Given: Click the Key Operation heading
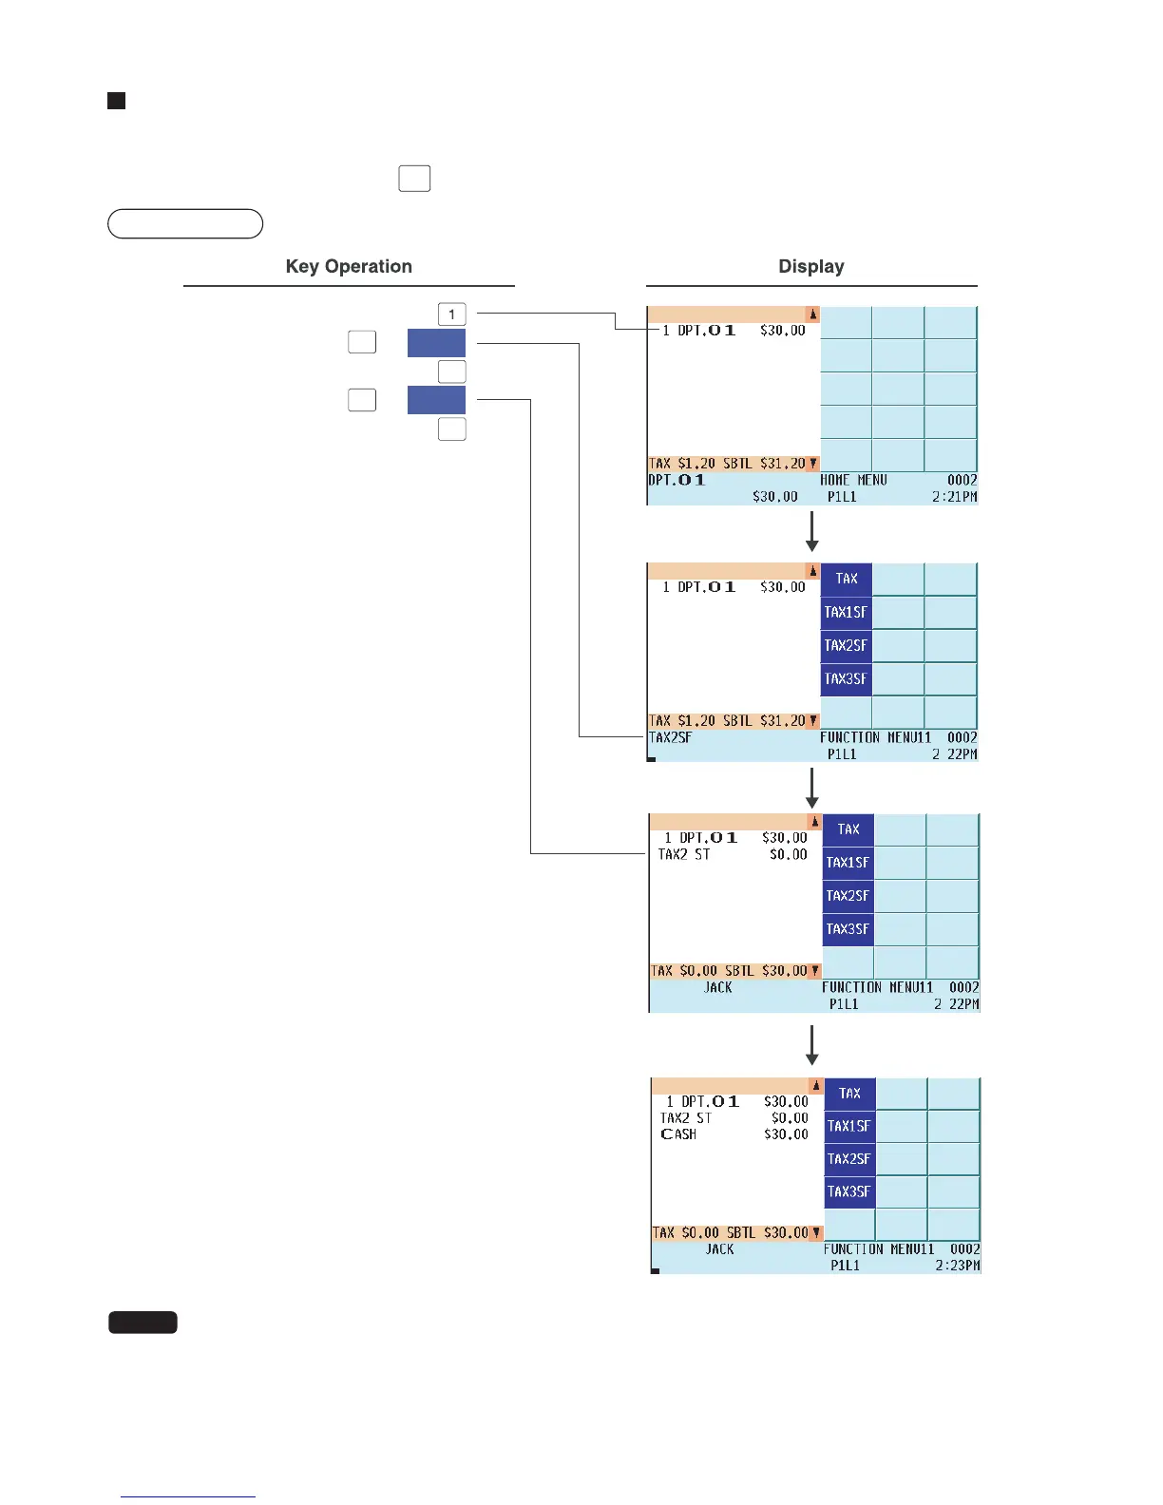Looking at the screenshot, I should tap(349, 267).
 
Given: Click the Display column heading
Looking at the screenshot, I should tap(810, 267).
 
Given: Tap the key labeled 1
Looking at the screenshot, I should tap(451, 314).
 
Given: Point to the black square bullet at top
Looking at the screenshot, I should tap(117, 101).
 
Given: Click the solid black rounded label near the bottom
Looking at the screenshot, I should tap(143, 1322).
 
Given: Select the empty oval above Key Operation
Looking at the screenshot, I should tap(185, 223).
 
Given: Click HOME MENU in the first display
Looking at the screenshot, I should tap(853, 481).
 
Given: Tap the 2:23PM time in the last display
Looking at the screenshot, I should tap(957, 1266).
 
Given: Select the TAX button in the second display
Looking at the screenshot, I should tap(847, 579).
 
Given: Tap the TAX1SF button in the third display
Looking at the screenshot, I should tap(848, 863).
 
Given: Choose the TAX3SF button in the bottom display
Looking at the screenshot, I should tap(848, 1191).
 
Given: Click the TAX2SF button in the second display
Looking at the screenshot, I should tap(847, 645).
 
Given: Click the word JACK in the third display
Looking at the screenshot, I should tap(718, 987).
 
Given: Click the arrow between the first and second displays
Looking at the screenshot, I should tap(811, 532).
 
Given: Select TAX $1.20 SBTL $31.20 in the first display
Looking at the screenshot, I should tap(728, 464).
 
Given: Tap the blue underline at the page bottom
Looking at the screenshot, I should tap(188, 1496).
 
